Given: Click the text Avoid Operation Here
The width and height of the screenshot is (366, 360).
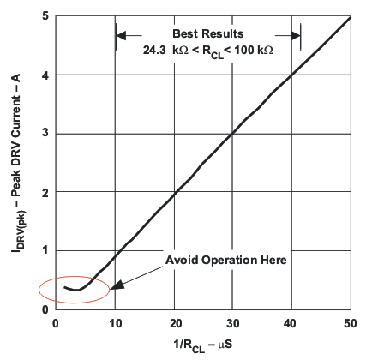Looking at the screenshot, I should tap(225, 260).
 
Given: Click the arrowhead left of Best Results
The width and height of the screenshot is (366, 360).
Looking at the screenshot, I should tap(121, 35).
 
